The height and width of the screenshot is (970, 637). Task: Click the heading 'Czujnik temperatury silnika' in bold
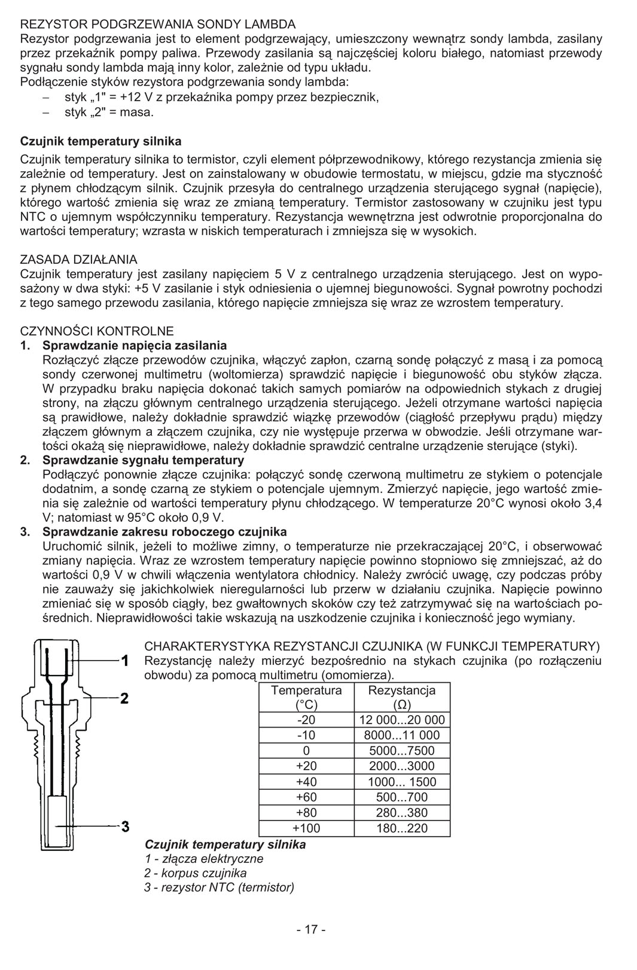click(100, 142)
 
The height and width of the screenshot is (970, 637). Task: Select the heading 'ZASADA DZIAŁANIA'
click(78, 260)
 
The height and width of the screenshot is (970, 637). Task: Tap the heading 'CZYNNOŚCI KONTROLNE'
click(97, 331)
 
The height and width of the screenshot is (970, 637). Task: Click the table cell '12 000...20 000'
click(401, 720)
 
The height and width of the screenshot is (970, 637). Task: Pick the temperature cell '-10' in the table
click(306, 735)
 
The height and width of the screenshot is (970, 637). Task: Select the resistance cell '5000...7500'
click(401, 751)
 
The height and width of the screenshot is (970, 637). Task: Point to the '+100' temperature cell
click(306, 828)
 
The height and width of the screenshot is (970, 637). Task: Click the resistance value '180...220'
click(401, 828)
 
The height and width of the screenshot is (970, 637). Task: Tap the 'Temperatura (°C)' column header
click(306, 697)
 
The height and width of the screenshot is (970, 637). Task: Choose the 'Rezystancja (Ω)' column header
click(401, 697)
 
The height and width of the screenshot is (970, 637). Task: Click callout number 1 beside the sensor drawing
click(125, 661)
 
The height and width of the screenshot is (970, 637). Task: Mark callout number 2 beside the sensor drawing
click(124, 698)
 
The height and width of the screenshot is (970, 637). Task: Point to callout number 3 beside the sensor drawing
click(125, 828)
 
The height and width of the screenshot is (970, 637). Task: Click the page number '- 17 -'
click(311, 929)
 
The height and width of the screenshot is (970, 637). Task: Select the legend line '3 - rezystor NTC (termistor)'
click(219, 887)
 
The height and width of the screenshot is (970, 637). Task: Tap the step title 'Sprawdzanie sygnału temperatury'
click(143, 460)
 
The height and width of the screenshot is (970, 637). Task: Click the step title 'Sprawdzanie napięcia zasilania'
click(135, 345)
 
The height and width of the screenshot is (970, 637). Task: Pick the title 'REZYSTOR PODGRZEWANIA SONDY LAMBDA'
click(158, 25)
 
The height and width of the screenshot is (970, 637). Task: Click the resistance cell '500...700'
click(401, 797)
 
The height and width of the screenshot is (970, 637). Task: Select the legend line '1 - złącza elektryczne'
click(203, 859)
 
